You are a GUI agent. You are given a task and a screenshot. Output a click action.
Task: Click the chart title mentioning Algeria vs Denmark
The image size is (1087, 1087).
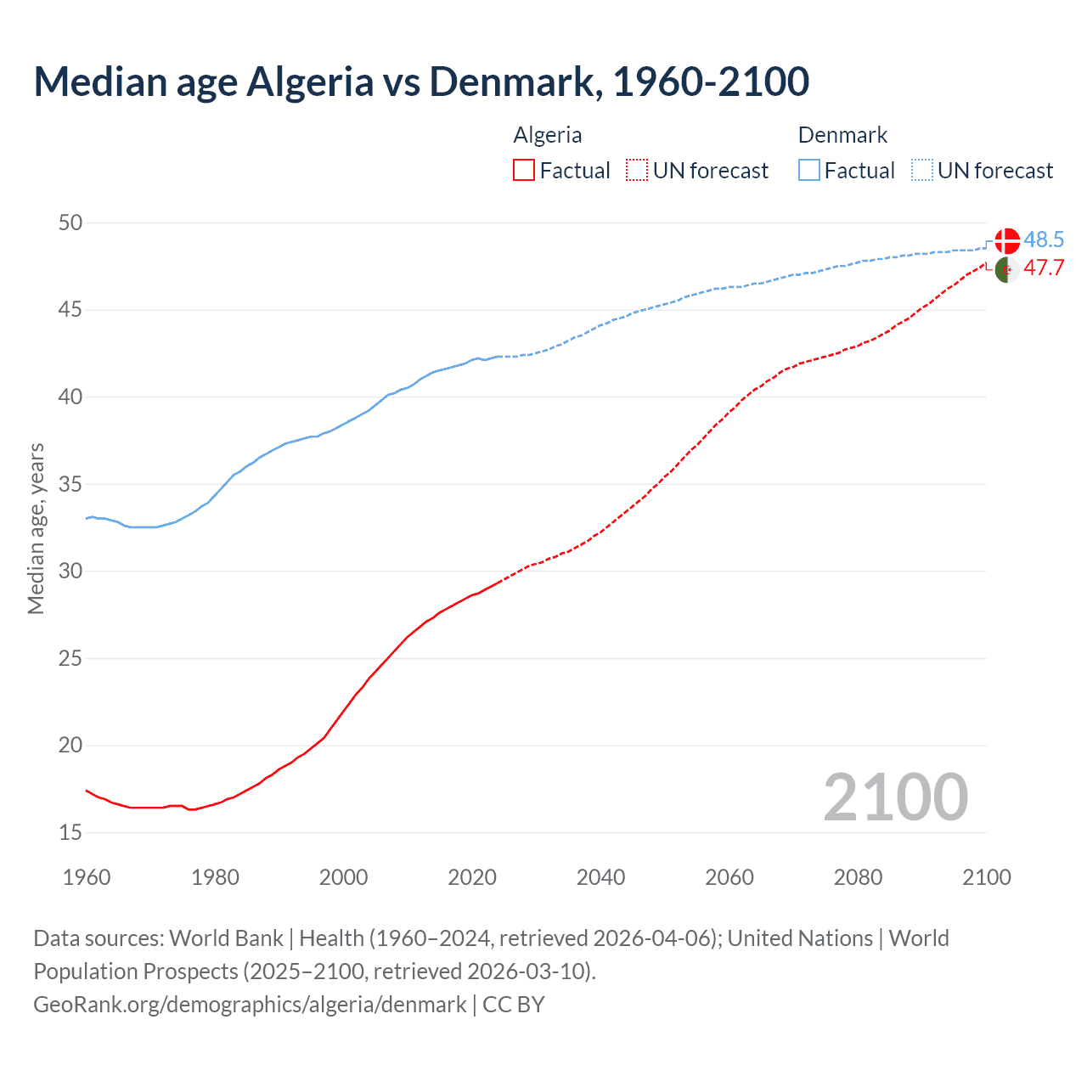(x=421, y=82)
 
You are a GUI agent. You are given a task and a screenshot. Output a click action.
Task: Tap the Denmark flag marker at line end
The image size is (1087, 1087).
(x=1006, y=240)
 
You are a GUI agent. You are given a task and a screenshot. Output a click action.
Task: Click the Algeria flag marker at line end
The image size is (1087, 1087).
(x=1006, y=269)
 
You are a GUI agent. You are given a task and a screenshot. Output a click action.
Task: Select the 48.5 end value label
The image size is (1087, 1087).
(x=1044, y=240)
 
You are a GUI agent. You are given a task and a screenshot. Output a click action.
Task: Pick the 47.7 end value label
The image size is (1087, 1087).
(x=1044, y=268)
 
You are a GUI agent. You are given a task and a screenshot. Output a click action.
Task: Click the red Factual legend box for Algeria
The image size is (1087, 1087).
(x=524, y=171)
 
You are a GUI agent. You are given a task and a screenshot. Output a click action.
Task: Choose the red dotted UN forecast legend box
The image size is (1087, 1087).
(x=637, y=171)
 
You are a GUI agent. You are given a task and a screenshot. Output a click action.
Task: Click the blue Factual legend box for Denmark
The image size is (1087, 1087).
(x=809, y=171)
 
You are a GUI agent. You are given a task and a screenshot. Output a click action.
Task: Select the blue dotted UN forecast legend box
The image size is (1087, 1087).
(x=922, y=171)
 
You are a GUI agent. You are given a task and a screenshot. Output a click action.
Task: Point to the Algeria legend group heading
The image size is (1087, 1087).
(x=548, y=135)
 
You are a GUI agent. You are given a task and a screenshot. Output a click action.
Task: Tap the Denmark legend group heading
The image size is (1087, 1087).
(x=842, y=135)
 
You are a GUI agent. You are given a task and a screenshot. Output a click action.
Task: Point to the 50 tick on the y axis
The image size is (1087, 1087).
(x=70, y=223)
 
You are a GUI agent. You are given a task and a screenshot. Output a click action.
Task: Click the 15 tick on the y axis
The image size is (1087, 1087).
(x=70, y=833)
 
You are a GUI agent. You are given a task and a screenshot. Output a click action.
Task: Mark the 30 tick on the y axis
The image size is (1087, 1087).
(x=70, y=572)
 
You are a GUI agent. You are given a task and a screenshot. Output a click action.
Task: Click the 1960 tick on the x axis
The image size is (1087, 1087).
(x=87, y=877)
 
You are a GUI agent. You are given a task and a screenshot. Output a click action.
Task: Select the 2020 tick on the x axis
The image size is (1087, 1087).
(x=472, y=877)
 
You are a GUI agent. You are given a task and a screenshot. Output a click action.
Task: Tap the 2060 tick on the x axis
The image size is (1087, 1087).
(x=729, y=877)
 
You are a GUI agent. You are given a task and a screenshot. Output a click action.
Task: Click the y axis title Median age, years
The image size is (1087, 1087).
(x=36, y=528)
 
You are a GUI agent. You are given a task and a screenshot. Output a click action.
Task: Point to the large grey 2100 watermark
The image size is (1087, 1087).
(x=895, y=797)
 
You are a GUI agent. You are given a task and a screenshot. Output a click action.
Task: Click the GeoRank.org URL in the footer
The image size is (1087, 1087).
(x=250, y=1005)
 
